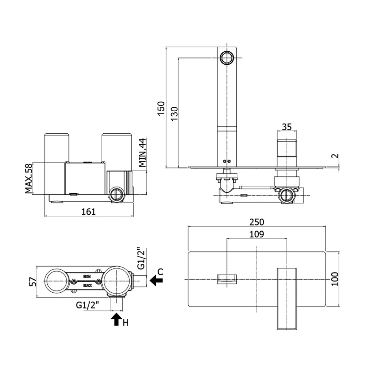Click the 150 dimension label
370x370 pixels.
coord(161,108)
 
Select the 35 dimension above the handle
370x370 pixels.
coord(287,127)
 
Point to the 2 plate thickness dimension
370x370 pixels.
coord(335,156)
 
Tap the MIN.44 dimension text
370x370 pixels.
coord(142,153)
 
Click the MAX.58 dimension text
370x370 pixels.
coord(29,178)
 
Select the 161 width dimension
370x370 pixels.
coord(89,211)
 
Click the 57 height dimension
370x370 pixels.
coord(33,282)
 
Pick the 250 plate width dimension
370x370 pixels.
coord(257,222)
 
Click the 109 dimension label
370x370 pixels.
coord(257,234)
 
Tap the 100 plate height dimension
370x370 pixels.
coord(335,279)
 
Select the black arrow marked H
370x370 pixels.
coord(116,319)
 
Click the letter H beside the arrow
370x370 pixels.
coord(125,323)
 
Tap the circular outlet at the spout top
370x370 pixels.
coord(227,57)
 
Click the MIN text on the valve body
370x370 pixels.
coord(87,276)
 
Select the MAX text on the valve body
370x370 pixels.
coord(87,285)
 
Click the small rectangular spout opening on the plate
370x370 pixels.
coord(227,279)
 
